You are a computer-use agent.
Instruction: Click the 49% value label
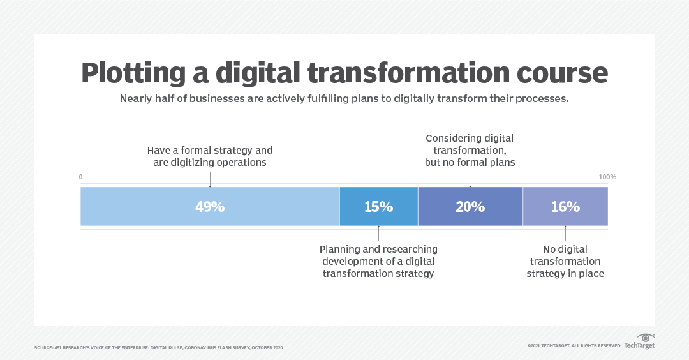tap(210, 207)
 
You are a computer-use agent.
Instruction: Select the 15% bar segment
tap(378, 207)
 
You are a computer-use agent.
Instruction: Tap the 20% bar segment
tap(470, 207)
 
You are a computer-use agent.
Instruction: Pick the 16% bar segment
tap(565, 207)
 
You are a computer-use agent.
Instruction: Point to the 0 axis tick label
tap(81, 177)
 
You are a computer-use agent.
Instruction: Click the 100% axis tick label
tap(607, 177)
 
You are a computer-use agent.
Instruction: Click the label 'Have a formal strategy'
tap(210, 151)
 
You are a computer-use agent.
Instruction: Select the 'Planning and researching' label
tap(378, 249)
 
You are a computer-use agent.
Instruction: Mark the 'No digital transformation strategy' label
tap(565, 261)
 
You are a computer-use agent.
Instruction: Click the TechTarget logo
tap(639, 341)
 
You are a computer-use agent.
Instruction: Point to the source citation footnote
tap(158, 348)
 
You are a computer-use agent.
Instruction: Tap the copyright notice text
tap(574, 345)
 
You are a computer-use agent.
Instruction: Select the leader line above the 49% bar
tap(210, 179)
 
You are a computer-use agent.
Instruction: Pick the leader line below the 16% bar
tap(565, 234)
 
